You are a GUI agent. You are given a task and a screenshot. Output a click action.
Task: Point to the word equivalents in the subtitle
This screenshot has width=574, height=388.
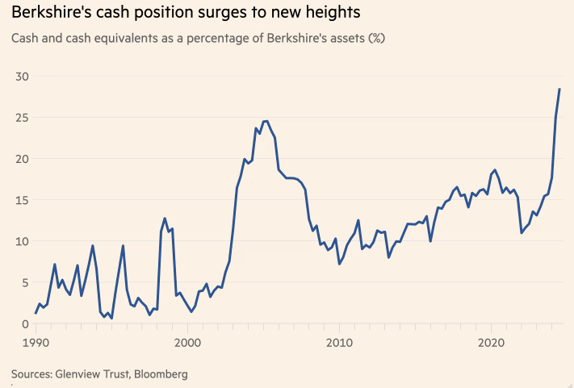[x=124, y=38]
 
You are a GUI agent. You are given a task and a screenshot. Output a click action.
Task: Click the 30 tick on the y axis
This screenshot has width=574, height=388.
[x=19, y=76]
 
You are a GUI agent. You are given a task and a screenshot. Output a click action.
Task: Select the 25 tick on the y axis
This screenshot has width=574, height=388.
[x=19, y=118]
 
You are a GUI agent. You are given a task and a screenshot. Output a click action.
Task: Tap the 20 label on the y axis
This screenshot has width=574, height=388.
[x=19, y=159]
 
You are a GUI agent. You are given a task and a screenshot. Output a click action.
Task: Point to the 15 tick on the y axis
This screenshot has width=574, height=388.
[x=19, y=200]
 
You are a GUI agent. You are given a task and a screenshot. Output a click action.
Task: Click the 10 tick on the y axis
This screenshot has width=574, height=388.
[x=19, y=241]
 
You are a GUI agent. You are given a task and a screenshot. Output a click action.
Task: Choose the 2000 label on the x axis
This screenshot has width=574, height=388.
[x=188, y=343]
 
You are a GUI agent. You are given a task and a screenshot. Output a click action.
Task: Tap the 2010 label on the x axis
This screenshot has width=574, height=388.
[x=340, y=343]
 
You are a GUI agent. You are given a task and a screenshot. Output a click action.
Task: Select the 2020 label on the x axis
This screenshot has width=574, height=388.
[x=492, y=343]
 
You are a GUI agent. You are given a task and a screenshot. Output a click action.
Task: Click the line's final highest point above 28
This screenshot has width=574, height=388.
[x=559, y=89]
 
